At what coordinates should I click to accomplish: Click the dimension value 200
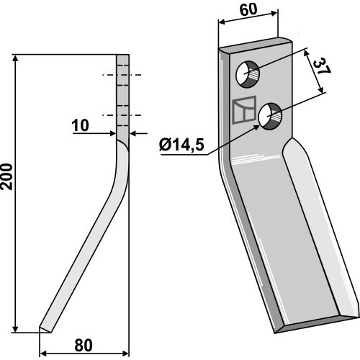click(6, 176)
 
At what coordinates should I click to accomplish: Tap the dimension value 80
click(84, 346)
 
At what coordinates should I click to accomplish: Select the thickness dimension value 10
click(81, 125)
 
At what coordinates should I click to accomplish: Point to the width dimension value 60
click(248, 10)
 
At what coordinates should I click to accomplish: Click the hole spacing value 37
click(322, 66)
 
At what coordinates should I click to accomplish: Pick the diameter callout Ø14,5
click(181, 145)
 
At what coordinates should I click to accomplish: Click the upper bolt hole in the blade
click(248, 74)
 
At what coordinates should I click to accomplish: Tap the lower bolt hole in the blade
click(270, 117)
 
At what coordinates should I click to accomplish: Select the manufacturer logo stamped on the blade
click(245, 110)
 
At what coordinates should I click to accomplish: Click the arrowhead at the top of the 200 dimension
click(15, 58)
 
